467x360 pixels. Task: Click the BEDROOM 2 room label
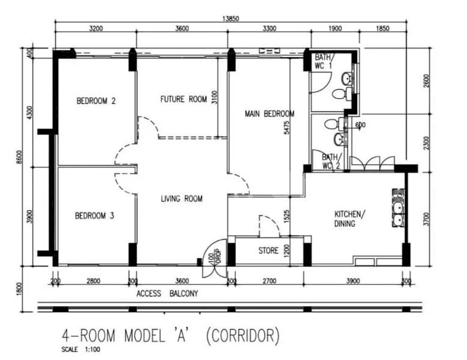tap(95, 101)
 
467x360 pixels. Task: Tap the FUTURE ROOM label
tap(183, 99)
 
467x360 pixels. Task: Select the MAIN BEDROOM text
tap(269, 113)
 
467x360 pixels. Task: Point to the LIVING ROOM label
tap(181, 199)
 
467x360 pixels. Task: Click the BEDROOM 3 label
tap(94, 215)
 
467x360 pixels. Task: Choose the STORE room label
tap(268, 250)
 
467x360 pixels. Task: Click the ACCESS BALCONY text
tap(167, 294)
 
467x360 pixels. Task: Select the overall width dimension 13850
tap(231, 19)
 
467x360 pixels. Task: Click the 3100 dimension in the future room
tap(214, 97)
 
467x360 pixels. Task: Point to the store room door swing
tap(267, 224)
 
